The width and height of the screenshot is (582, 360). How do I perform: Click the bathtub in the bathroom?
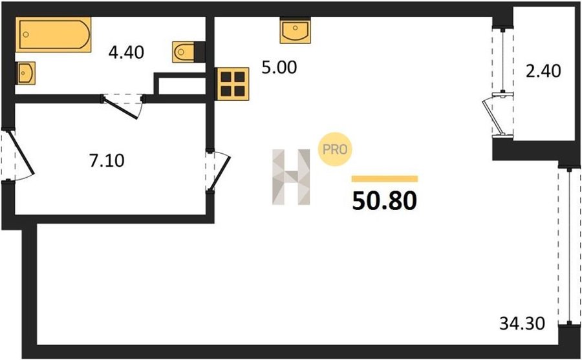pyautogui.click(x=54, y=34)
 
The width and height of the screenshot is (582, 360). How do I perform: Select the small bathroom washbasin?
pyautogui.click(x=25, y=73)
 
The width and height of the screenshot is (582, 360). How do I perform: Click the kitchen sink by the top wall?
pyautogui.click(x=295, y=30)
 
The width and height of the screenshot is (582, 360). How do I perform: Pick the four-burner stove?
pyautogui.click(x=233, y=84)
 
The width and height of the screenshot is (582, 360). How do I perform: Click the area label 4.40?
pyautogui.click(x=126, y=53)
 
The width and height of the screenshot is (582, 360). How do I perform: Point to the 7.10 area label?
pyautogui.click(x=107, y=161)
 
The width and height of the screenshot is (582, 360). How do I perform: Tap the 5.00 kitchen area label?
pyautogui.click(x=279, y=68)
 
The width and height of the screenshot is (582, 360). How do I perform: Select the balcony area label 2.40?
pyautogui.click(x=543, y=71)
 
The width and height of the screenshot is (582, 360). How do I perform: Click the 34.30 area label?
pyautogui.click(x=523, y=323)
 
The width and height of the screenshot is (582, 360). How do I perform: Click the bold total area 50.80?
pyautogui.click(x=385, y=202)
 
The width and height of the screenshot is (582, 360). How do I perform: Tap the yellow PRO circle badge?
pyautogui.click(x=335, y=149)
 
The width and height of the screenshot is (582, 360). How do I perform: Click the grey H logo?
pyautogui.click(x=291, y=176)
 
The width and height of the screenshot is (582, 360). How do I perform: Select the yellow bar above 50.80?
pyautogui.click(x=385, y=179)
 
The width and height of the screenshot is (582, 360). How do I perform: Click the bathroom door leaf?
pyautogui.click(x=121, y=109)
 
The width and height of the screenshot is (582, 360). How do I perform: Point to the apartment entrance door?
pyautogui.click(x=21, y=152)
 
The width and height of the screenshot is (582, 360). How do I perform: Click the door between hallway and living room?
pyautogui.click(x=220, y=173)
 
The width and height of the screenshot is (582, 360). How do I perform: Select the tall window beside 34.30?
pyautogui.click(x=569, y=246)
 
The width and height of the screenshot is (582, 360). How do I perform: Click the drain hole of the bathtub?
pyautogui.click(x=26, y=34)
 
